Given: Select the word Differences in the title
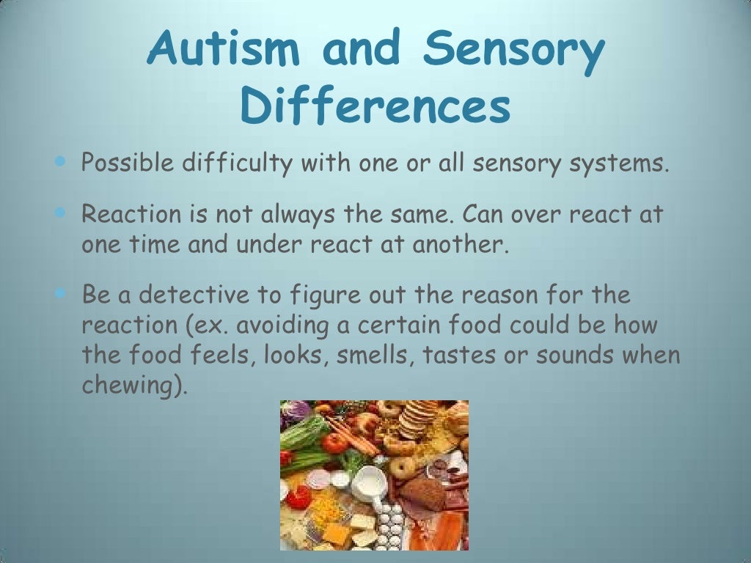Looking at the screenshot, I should coord(375,108).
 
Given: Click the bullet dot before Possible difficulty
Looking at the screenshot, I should coord(60,161).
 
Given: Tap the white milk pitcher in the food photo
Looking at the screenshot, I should coord(369,484).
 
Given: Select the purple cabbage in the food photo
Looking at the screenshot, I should coord(295,412).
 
